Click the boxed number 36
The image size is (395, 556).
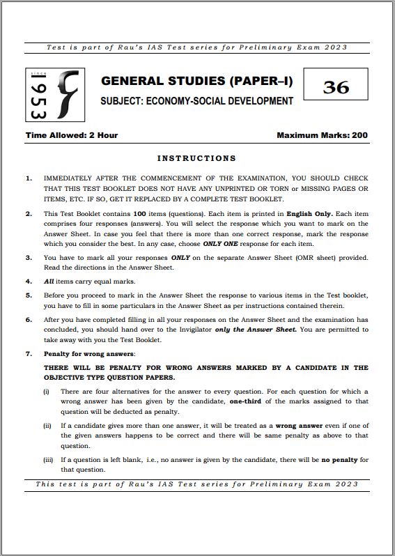coord(336,86)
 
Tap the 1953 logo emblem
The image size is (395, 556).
coord(55,95)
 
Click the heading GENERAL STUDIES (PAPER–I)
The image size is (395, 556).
coord(197,82)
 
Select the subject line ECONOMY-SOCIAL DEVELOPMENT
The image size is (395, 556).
coord(196,101)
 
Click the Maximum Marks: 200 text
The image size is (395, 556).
coord(322,135)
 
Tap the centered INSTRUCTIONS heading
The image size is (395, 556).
coord(196,158)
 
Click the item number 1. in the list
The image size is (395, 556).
coord(29,178)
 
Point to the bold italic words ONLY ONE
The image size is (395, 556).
coord(222,243)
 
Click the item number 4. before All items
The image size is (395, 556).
coord(29,281)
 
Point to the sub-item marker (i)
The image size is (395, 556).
coord(47,392)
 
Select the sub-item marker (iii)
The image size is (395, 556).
coord(48,460)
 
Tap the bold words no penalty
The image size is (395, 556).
coord(341,460)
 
